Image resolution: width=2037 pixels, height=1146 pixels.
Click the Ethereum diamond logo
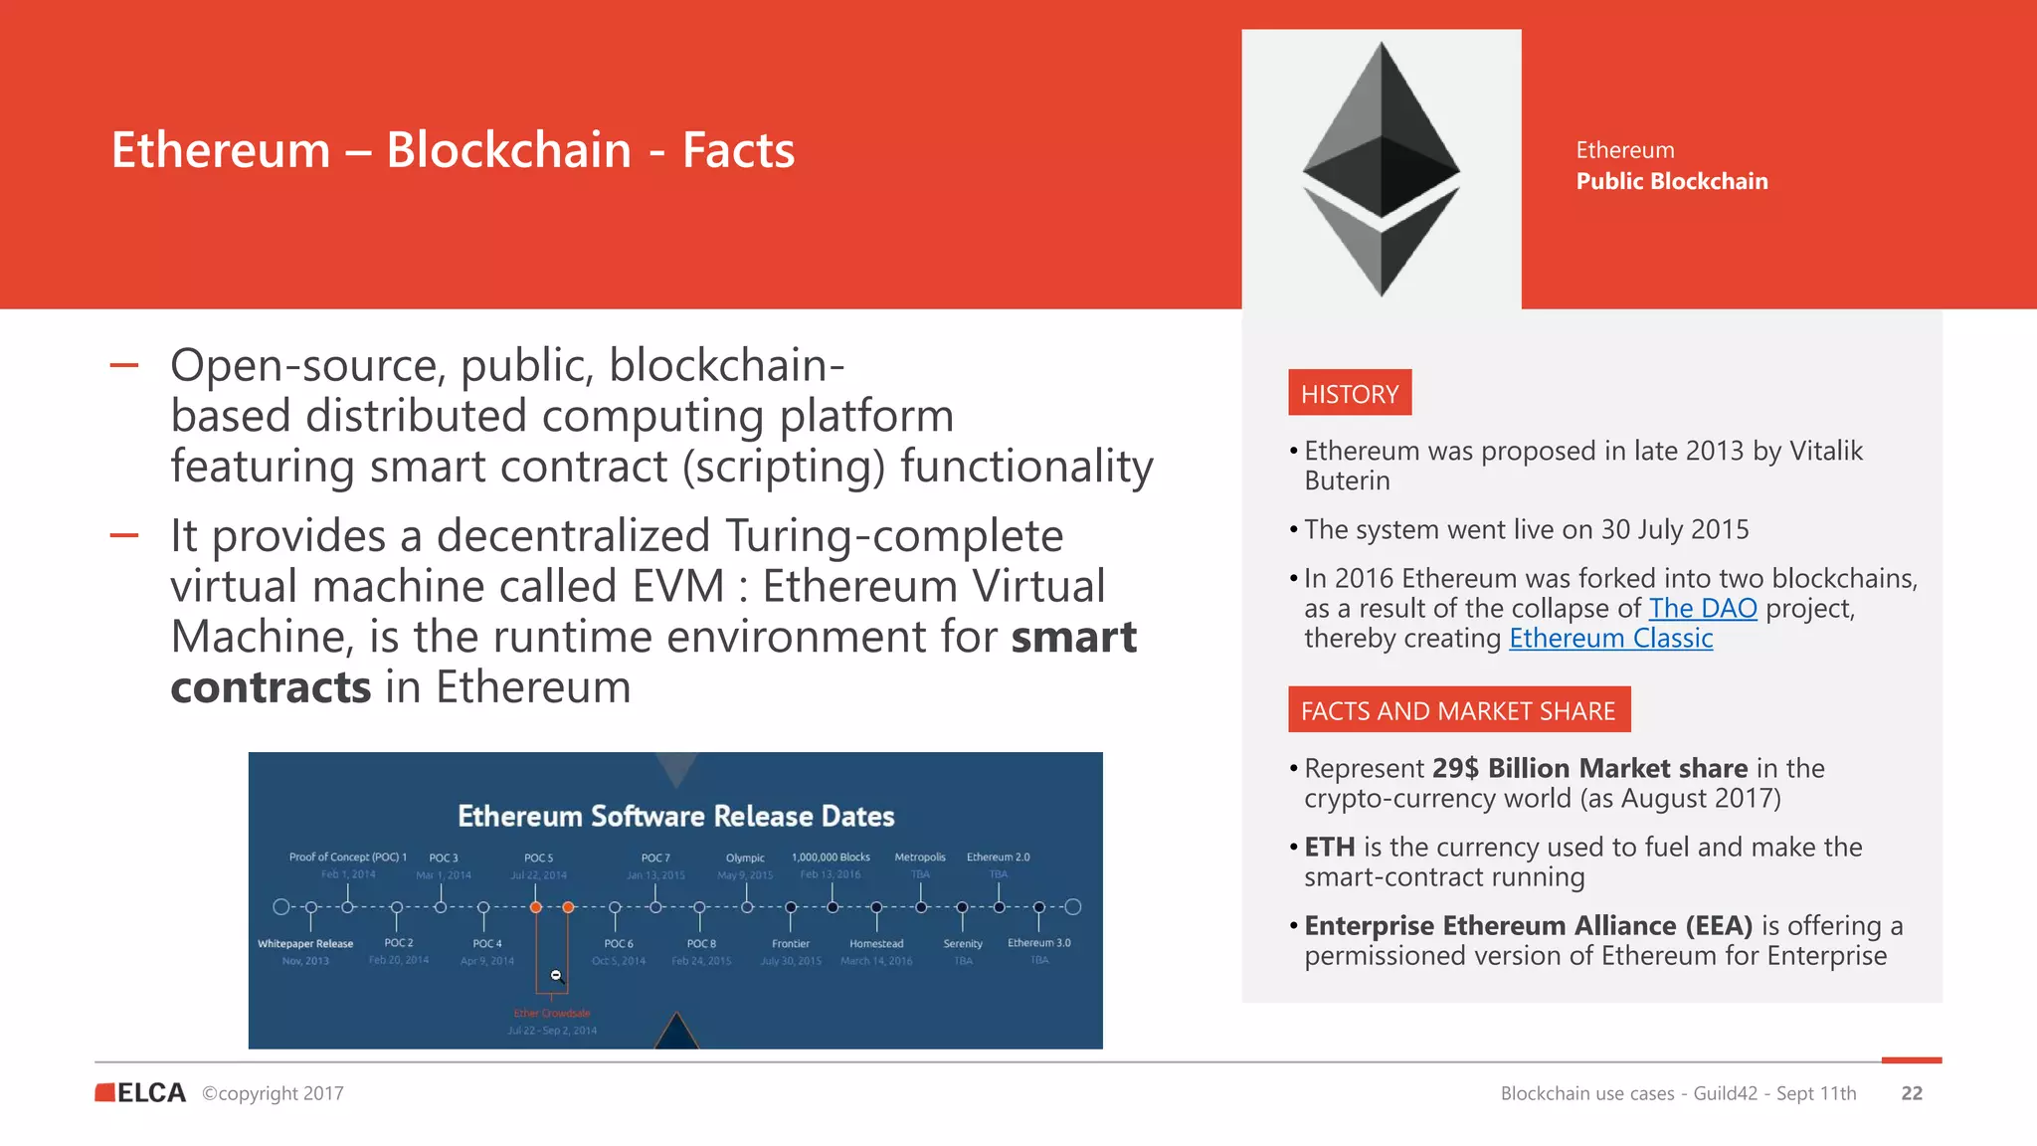(1381, 169)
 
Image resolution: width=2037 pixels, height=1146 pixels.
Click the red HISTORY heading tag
(1349, 394)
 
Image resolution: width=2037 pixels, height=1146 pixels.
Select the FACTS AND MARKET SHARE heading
(1458, 710)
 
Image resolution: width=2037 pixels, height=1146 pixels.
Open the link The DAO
(1702, 609)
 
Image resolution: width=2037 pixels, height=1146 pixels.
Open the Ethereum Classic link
(1610, 639)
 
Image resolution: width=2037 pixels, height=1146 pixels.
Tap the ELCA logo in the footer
(140, 1092)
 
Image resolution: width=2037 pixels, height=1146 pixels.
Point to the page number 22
(1911, 1093)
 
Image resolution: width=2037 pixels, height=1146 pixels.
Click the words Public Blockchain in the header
(1671, 181)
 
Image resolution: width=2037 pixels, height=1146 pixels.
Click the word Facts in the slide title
(738, 150)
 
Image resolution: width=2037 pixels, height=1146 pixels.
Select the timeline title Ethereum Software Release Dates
(675, 817)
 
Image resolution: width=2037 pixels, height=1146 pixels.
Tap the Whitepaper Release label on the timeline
(305, 944)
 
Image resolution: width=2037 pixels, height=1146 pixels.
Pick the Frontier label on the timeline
(791, 944)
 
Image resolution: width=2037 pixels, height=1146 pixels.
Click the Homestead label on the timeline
(876, 944)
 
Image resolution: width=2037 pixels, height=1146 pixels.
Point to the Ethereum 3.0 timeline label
(1038, 943)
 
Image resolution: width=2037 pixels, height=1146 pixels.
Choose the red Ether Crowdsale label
(552, 1014)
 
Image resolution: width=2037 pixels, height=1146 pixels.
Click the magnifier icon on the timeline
(557, 976)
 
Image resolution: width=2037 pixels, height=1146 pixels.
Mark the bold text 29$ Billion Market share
(1589, 769)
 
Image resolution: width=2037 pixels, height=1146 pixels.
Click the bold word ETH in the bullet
(1329, 848)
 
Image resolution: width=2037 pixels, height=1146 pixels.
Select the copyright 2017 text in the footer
(273, 1093)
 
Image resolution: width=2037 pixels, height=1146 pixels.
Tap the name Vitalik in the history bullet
(1826, 452)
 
